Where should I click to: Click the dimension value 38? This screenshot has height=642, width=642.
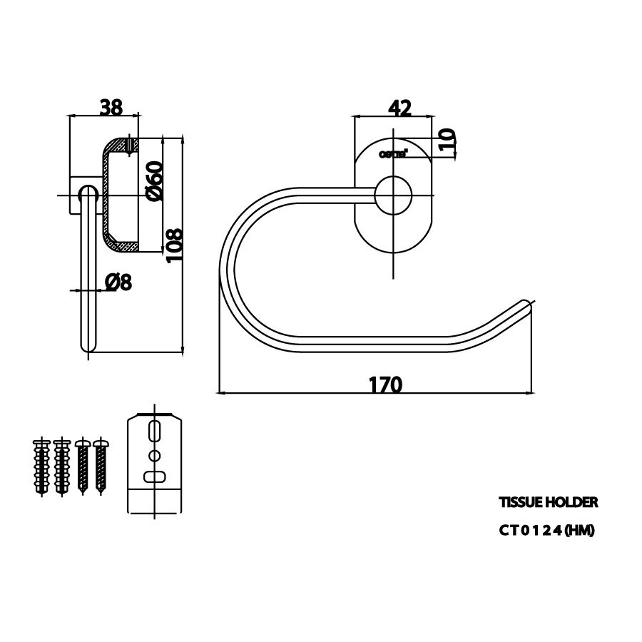(x=111, y=108)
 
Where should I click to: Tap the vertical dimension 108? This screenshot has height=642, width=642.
(x=175, y=245)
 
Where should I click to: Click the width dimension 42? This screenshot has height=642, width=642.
(x=399, y=108)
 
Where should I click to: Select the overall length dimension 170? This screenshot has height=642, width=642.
(x=386, y=384)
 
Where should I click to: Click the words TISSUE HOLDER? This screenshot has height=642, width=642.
(x=548, y=502)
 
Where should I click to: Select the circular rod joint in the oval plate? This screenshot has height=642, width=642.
(x=394, y=195)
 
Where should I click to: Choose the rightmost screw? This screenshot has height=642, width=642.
(x=101, y=467)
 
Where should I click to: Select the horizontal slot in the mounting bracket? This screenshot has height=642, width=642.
(x=154, y=476)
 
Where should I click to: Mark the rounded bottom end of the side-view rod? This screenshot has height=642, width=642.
(x=88, y=346)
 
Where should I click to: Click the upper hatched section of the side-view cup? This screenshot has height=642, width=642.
(x=121, y=146)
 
